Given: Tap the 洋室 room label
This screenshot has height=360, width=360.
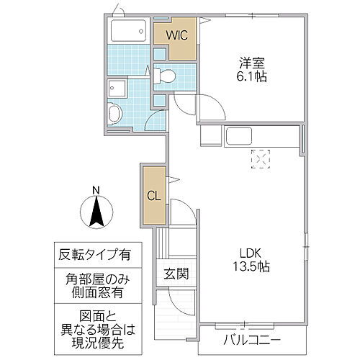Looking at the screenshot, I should [250, 62].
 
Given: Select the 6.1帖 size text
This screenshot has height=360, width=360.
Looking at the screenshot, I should [250, 76].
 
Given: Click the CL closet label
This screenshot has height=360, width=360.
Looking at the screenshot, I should [153, 194].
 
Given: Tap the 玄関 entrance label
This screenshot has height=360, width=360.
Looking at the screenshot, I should [176, 274].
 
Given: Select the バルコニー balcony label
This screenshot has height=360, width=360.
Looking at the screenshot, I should [251, 339].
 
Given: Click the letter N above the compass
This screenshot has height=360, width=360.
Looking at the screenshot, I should [96, 191].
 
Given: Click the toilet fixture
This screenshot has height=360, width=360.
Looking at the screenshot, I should [163, 75].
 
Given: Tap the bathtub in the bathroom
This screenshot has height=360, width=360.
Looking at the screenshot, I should [130, 32].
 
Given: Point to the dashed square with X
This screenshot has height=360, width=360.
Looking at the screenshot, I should [258, 157].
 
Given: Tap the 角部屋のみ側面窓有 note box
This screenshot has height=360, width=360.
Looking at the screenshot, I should [96, 284].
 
